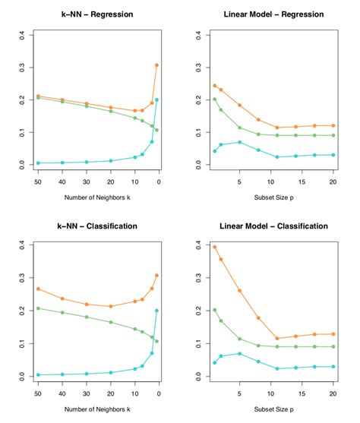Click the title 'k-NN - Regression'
pos(97,14)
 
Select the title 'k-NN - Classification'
pos(97,226)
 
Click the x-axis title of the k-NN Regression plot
pos(97,199)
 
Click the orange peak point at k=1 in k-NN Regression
pos(157,65)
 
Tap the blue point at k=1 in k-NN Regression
pos(157,99)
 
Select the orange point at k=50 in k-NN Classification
pos(38,289)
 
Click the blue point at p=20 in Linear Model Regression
pos(333,155)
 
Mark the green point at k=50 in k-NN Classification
pos(38,308)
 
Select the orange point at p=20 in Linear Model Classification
pos(333,334)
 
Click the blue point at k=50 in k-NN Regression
pos(38,163)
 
